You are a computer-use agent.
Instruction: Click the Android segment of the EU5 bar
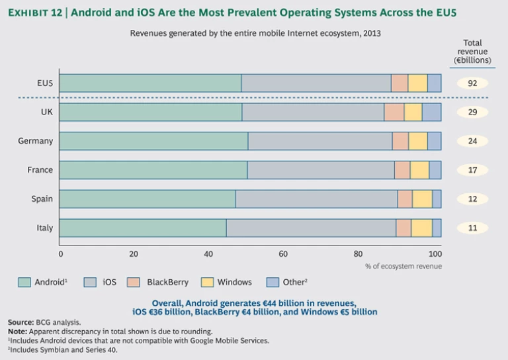point(150,83)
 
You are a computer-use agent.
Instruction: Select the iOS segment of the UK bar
point(313,112)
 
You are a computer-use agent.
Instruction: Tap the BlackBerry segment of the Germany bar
point(400,141)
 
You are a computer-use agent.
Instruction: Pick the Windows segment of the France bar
point(419,170)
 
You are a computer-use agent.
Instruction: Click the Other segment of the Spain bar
point(437,199)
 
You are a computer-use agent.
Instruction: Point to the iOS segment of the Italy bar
point(311,228)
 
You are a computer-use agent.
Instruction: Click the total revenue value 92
point(472,83)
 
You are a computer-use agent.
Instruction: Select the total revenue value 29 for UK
point(472,112)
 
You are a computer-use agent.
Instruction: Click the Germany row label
point(36,141)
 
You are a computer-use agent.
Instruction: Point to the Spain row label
point(42,199)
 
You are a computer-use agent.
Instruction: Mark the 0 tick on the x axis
point(60,253)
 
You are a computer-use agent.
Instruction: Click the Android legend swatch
point(24,282)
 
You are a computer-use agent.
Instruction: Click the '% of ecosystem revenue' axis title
point(403,266)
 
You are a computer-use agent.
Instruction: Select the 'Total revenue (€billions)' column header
point(472,52)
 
